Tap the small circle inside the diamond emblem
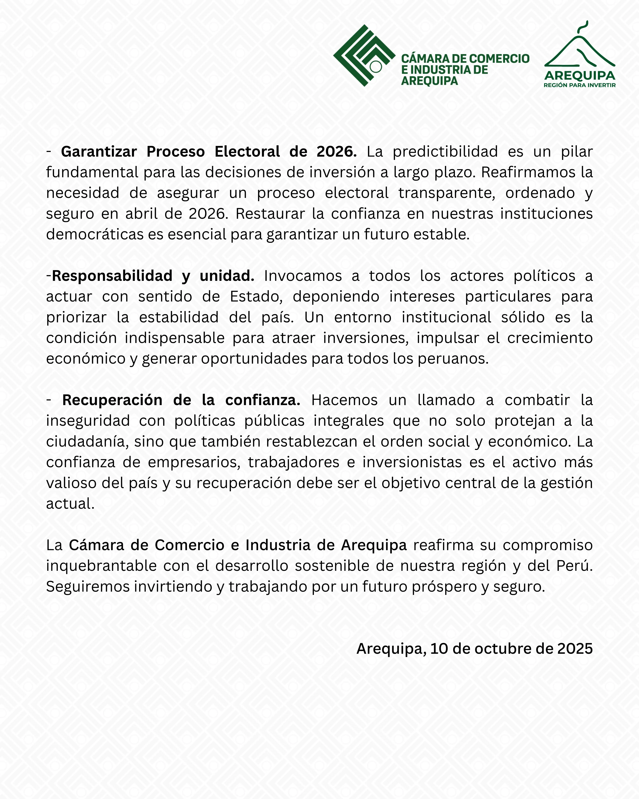click(x=376, y=67)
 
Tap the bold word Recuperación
click(x=112, y=400)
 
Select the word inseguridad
click(x=88, y=421)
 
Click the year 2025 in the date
click(x=575, y=649)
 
